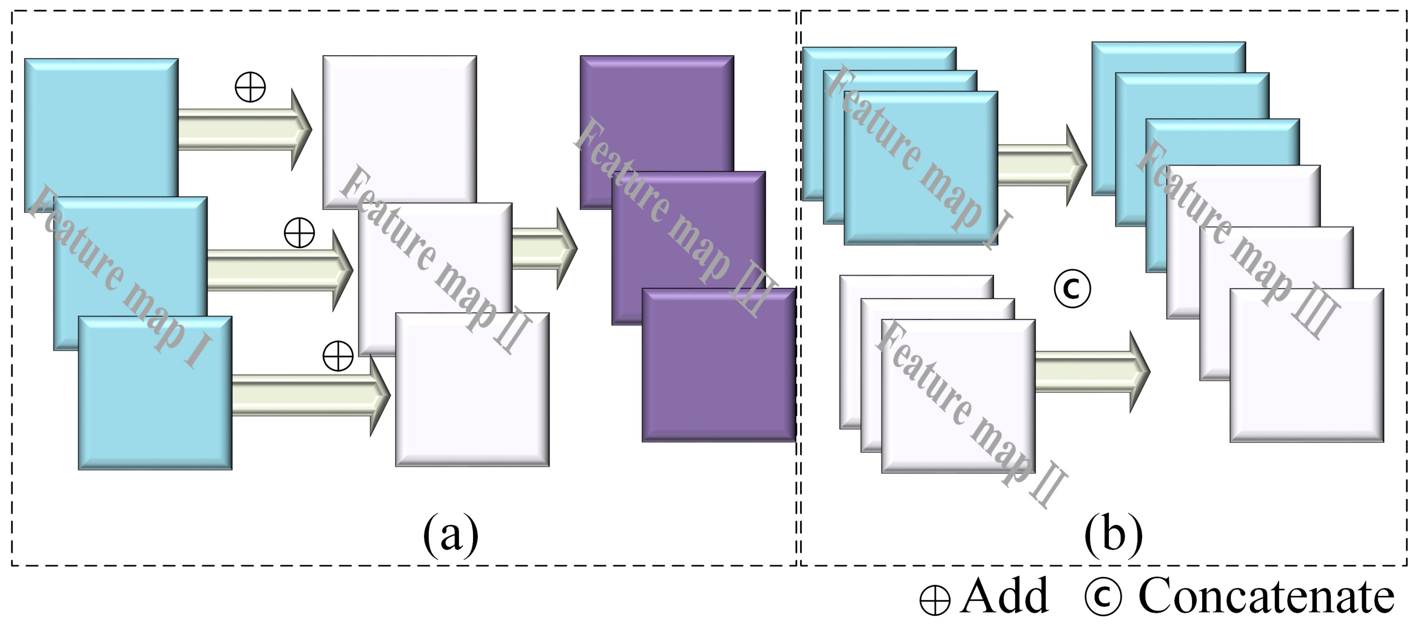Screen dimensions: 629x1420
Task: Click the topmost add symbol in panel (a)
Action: [x=250, y=87]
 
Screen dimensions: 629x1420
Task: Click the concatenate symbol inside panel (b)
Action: [x=1072, y=289]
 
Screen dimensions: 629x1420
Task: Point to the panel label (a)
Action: [x=450, y=534]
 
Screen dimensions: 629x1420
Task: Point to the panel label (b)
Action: [x=1113, y=534]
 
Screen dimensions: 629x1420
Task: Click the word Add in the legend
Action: [x=1004, y=595]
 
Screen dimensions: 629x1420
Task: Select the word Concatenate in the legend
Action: [x=1266, y=595]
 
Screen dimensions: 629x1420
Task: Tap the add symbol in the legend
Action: [x=935, y=600]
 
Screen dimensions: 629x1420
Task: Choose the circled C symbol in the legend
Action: [x=1103, y=596]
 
